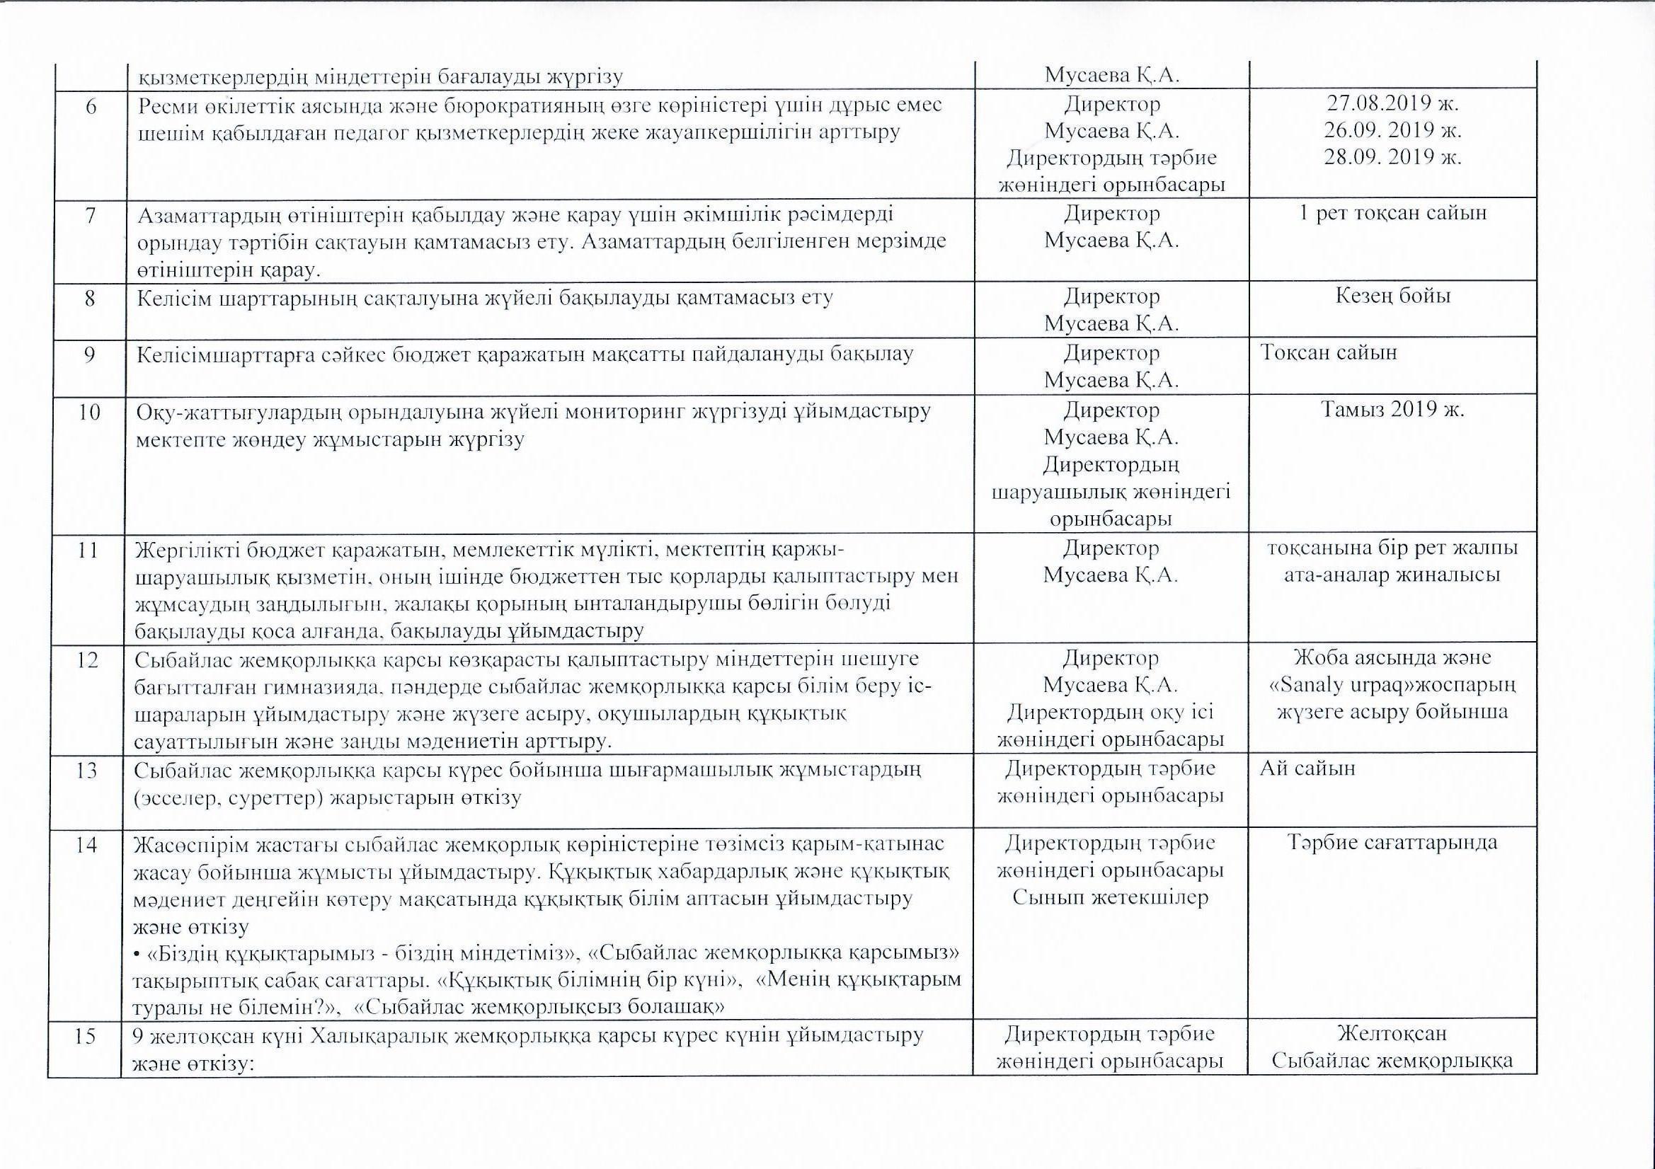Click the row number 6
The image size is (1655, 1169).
[x=90, y=105]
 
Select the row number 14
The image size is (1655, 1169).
[x=86, y=844]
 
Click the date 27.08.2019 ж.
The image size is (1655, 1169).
[x=1392, y=103]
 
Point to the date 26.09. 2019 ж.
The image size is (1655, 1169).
[x=1392, y=130]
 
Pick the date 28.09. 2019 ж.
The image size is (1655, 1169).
[x=1392, y=157]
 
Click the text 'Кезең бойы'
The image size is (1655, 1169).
[x=1392, y=296]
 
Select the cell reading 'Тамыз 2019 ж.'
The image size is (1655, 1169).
[x=1392, y=410]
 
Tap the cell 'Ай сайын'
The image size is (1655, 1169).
[x=1307, y=768]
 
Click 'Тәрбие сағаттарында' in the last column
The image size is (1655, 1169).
[x=1392, y=843]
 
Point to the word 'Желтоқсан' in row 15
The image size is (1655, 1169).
[x=1392, y=1034]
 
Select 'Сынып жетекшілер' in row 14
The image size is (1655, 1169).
[x=1110, y=897]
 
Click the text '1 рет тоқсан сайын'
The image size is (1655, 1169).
[x=1392, y=213]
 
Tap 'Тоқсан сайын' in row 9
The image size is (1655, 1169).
[x=1329, y=352]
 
